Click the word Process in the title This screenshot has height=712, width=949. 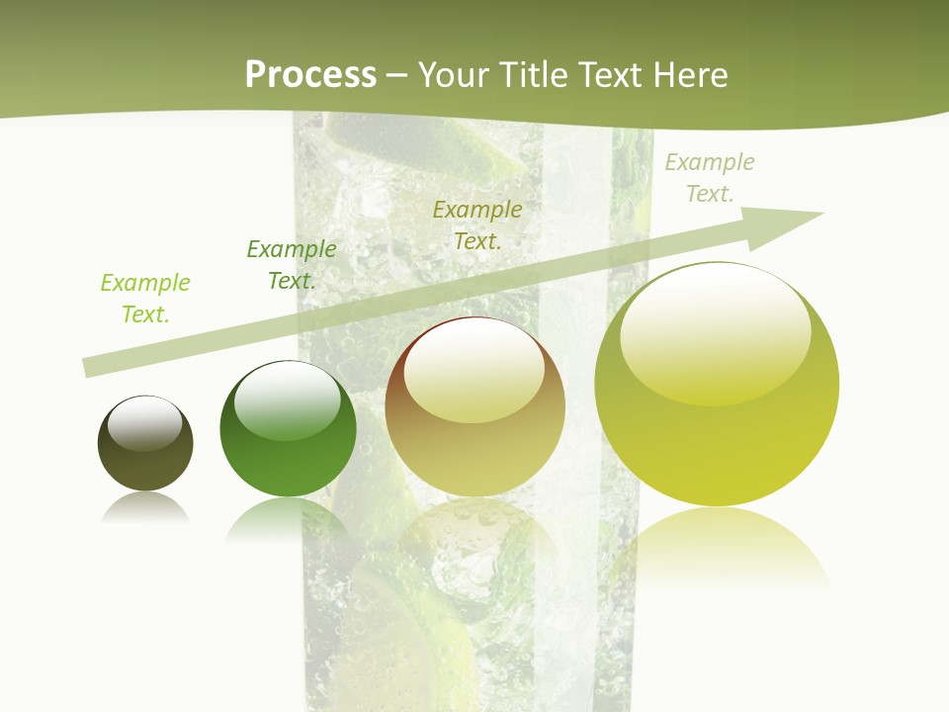point(310,75)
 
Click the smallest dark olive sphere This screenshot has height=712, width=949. point(145,444)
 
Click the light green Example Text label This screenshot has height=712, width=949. point(145,298)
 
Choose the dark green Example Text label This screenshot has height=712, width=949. point(292,264)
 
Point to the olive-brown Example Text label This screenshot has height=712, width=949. point(477,224)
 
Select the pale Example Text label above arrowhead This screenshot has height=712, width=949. point(710,177)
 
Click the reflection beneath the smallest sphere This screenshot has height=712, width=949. point(145,508)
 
